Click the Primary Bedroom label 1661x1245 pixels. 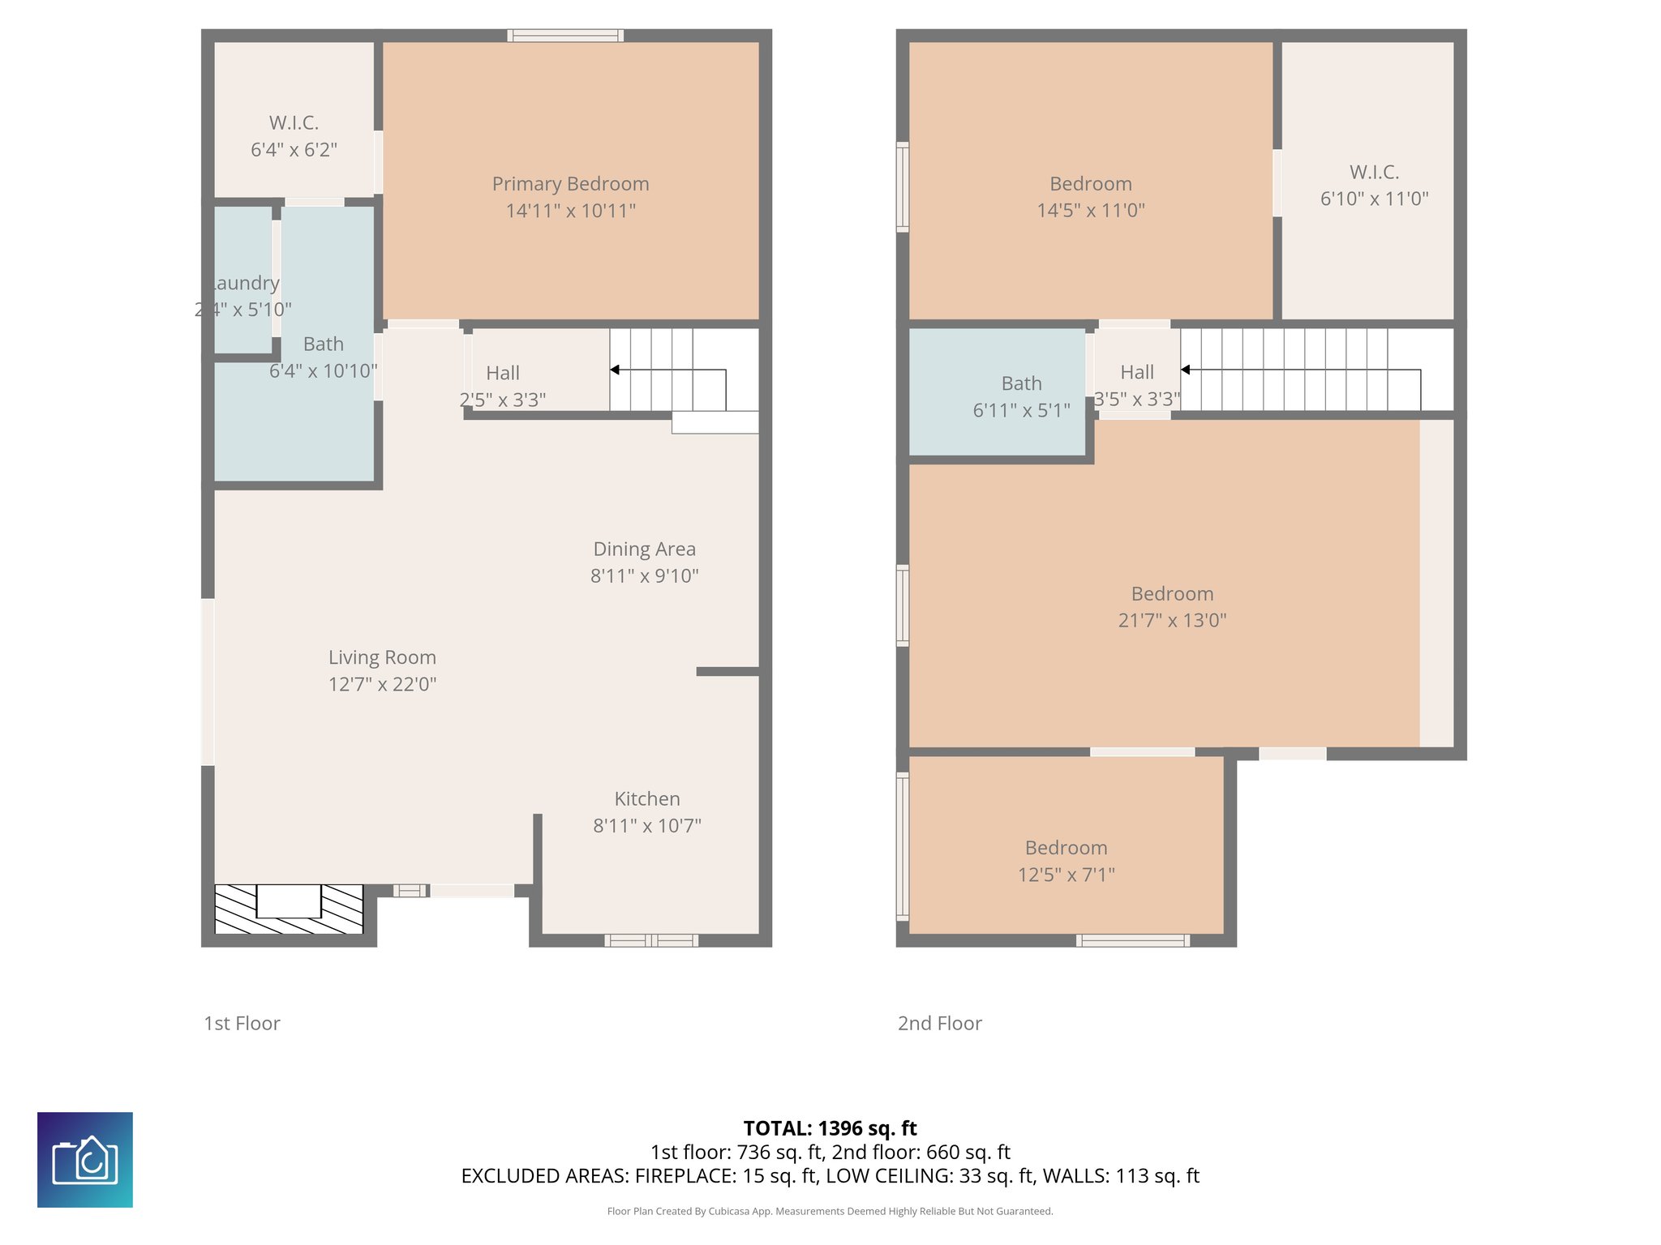570,184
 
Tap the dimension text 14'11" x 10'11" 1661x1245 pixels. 570,211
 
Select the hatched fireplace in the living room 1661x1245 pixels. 289,909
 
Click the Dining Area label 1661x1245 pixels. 644,549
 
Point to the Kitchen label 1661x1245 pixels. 646,798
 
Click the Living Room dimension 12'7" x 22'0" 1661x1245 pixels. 382,684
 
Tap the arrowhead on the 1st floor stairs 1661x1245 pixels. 615,370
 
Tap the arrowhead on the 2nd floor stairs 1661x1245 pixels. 1185,370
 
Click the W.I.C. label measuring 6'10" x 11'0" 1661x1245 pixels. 1373,172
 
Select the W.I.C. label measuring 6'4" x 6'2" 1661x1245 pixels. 294,122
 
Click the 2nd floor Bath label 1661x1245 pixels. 1021,383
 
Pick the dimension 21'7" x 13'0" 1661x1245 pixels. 1171,620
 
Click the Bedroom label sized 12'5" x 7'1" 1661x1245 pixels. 1066,848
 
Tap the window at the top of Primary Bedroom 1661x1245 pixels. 565,35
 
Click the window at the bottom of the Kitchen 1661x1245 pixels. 650,940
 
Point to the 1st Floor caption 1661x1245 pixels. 242,1023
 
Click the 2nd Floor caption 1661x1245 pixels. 939,1023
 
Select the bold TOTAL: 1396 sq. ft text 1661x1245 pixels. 830,1128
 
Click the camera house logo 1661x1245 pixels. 85,1159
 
